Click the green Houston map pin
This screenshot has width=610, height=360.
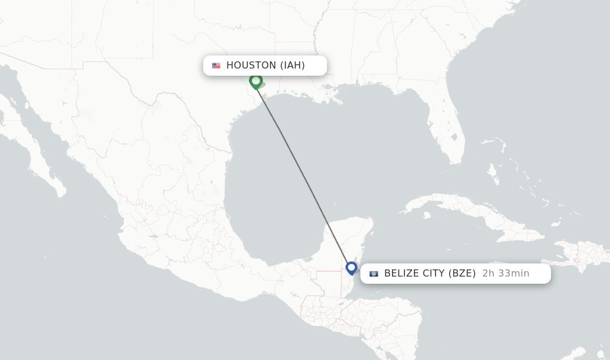pyautogui.click(x=256, y=81)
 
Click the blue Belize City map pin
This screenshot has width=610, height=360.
pyautogui.click(x=351, y=268)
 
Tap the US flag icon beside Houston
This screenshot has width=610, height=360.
pyautogui.click(x=216, y=66)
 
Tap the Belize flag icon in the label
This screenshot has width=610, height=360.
pyautogui.click(x=374, y=274)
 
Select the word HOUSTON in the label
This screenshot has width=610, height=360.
pyautogui.click(x=251, y=66)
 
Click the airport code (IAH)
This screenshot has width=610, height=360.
pyautogui.click(x=292, y=66)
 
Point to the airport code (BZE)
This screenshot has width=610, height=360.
pyautogui.click(x=462, y=274)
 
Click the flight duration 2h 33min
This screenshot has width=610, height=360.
pyautogui.click(x=506, y=274)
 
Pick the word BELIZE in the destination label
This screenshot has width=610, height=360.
pyautogui.click(x=403, y=274)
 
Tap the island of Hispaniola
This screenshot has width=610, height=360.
pyautogui.click(x=581, y=253)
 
